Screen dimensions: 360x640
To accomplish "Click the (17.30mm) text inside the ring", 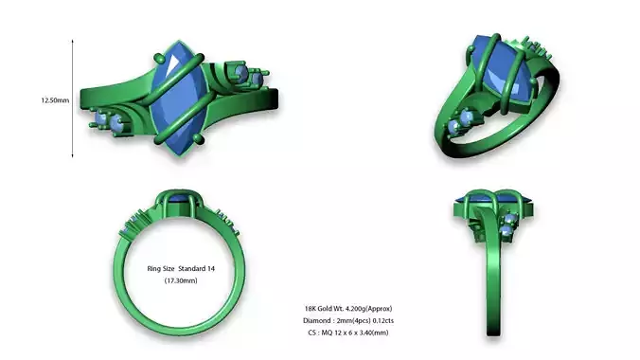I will click(180, 281).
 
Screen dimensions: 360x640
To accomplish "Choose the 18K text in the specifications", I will click(311, 309).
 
